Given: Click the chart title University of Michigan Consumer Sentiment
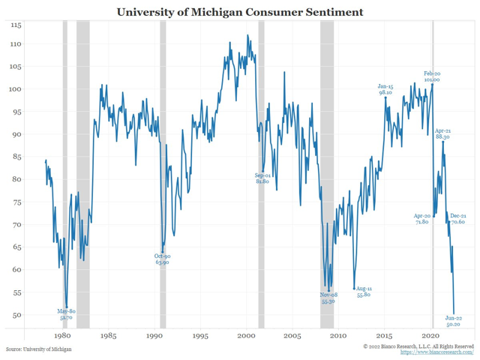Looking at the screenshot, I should pos(240,12).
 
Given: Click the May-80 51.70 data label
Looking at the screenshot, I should pos(67,314).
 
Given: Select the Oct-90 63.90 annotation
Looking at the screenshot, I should pos(162,259).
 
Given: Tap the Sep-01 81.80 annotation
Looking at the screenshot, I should pos(262,178).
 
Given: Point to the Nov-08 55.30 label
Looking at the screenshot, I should pos(328,298).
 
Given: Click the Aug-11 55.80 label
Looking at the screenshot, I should pos(364,292).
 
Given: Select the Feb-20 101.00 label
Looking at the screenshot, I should pos(432,76).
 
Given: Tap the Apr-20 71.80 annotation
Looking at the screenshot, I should pos(421,219).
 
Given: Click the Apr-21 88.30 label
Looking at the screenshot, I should pos(442,134).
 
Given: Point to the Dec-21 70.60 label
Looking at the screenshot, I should pos(457,219).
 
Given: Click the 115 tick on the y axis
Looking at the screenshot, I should pos(16,25).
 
